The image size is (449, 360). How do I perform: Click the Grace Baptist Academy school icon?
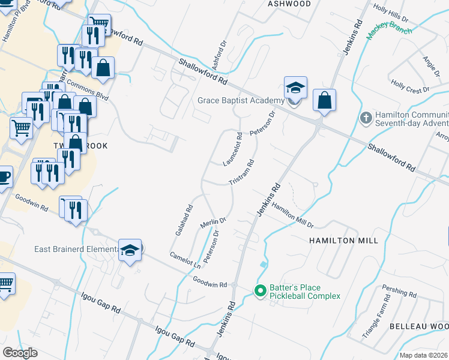click(x=295, y=88)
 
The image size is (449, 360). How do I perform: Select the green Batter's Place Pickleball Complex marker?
click(x=260, y=291)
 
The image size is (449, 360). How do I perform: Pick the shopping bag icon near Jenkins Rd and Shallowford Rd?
click(x=324, y=100)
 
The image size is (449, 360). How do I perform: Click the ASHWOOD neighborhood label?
click(x=289, y=4)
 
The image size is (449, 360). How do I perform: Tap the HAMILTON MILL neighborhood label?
click(x=343, y=240)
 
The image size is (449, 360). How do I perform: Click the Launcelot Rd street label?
click(x=232, y=149)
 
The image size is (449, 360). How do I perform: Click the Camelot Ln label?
click(x=184, y=259)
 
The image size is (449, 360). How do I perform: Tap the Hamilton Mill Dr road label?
click(x=292, y=214)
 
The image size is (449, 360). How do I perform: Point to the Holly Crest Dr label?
click(x=410, y=86)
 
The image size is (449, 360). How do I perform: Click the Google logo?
click(x=20, y=353)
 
